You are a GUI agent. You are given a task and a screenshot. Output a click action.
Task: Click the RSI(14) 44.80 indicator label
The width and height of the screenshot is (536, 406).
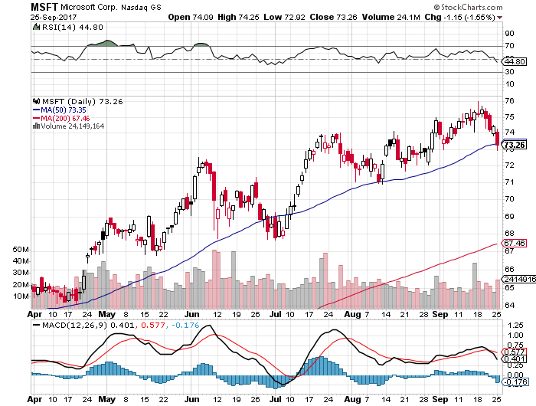click(62, 27)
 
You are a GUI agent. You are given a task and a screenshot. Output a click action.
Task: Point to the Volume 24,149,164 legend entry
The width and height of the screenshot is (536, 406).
click(70, 126)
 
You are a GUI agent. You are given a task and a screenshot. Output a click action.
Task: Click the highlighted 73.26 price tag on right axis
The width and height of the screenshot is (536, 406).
click(515, 145)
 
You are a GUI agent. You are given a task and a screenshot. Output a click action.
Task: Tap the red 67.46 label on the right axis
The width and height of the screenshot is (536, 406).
click(515, 243)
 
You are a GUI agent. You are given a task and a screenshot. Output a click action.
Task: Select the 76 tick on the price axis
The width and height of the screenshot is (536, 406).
click(509, 100)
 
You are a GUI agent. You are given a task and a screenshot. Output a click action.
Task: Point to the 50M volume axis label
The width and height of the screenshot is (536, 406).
click(21, 250)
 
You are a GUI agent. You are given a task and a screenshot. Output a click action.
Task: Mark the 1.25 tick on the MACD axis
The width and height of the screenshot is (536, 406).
click(513, 324)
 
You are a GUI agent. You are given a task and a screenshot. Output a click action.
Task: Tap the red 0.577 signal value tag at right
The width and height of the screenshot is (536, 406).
click(515, 352)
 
